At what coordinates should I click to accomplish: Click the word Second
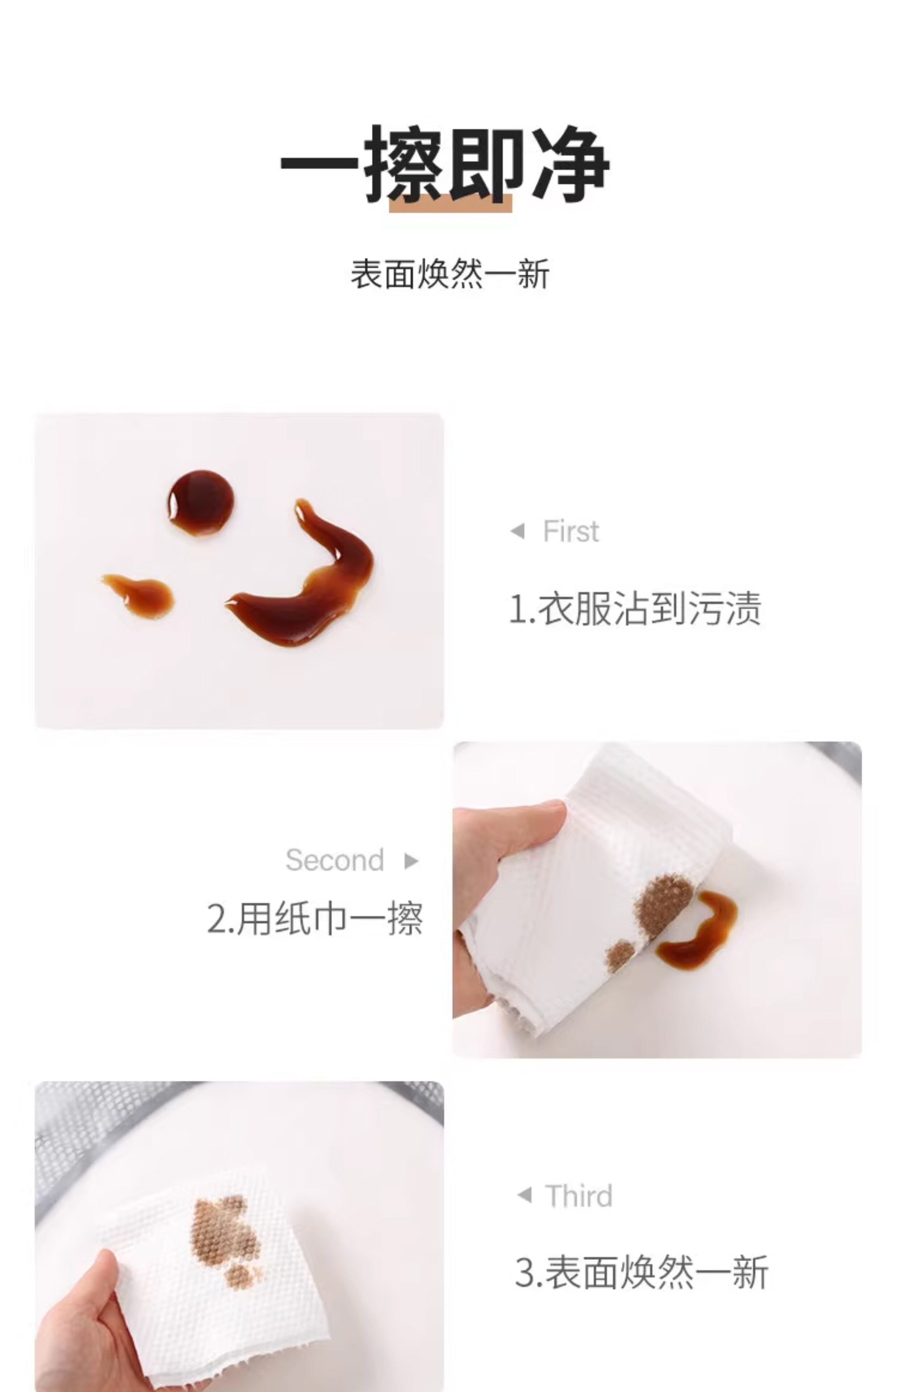335,860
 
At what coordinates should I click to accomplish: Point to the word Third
579,1196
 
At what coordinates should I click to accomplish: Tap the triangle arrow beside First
517,531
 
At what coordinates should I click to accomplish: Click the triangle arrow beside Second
411,861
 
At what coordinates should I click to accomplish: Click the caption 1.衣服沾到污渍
635,608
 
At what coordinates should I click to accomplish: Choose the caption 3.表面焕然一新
641,1272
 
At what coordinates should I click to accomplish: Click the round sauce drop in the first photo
201,502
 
